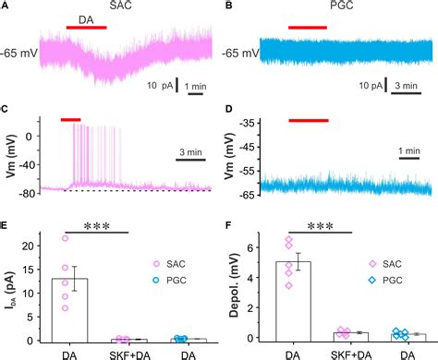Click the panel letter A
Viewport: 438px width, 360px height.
6,6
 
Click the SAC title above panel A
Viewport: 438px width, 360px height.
120,6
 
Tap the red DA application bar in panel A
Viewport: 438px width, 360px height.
86,28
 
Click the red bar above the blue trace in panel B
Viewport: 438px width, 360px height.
308,28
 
